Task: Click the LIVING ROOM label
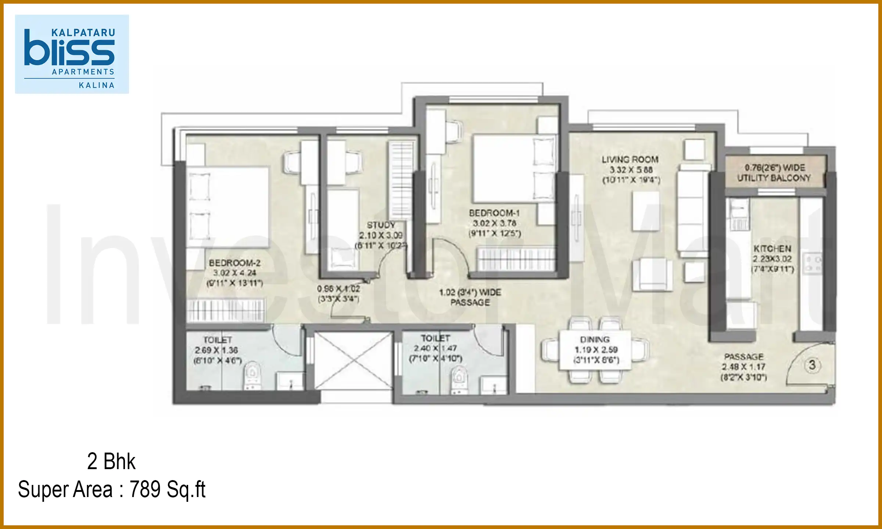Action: click(x=630, y=160)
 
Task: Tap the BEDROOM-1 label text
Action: click(x=494, y=213)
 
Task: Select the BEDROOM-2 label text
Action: click(x=234, y=263)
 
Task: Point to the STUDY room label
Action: click(x=381, y=225)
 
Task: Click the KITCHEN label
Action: click(x=772, y=249)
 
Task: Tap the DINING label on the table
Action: click(x=595, y=339)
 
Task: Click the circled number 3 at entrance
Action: click(x=812, y=365)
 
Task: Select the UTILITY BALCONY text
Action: click(x=774, y=178)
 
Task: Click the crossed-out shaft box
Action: click(x=353, y=360)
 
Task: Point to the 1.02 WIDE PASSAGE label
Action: click(x=470, y=297)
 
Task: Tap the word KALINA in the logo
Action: click(x=97, y=85)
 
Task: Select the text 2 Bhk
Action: click(x=111, y=461)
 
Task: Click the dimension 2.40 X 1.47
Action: click(x=435, y=348)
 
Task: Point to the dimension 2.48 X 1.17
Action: click(x=743, y=367)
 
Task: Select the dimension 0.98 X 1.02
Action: click(x=338, y=289)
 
